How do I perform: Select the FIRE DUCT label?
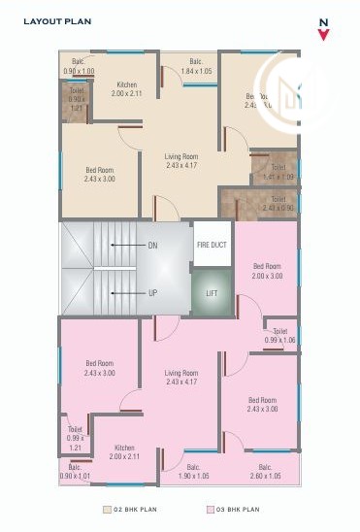212,245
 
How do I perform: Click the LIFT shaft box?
212,292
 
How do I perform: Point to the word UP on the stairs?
152,292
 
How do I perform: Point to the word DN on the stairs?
152,246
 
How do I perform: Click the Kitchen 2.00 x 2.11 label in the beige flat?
126,89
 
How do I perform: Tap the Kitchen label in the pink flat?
125,451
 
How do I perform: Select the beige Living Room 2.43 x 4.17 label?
181,160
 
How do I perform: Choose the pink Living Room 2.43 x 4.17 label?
181,377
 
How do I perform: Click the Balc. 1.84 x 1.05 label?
196,66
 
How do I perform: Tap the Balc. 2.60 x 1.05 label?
264,471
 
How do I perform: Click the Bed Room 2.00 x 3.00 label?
267,271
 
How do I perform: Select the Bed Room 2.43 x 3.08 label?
262,405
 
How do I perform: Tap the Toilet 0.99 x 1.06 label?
280,335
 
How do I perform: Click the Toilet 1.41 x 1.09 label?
279,172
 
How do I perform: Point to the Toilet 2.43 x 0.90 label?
278,204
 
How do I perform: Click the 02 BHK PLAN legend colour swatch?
107,509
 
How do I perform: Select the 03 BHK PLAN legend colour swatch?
210,509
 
